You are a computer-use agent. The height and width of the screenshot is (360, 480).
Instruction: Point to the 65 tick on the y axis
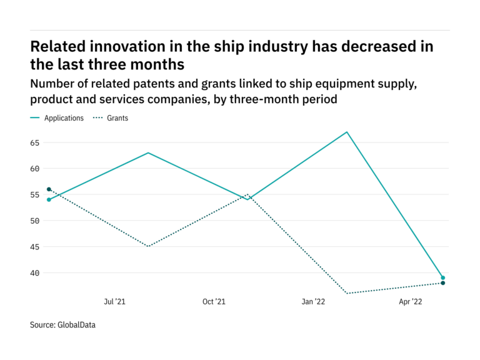34,142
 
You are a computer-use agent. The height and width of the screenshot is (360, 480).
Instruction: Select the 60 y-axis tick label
34,169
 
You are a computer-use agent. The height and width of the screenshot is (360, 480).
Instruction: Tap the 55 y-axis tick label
34,195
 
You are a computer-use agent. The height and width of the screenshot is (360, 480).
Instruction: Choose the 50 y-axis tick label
34,221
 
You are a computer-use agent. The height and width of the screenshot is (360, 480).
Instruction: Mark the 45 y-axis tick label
34,247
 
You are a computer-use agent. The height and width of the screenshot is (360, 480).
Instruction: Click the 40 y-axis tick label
34,273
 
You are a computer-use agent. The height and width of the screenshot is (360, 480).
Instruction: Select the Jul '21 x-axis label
114,302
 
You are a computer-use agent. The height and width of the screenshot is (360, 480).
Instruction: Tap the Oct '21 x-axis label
214,302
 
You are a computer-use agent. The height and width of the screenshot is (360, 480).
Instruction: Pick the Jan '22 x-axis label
313,302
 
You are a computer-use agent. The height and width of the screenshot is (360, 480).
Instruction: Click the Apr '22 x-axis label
411,302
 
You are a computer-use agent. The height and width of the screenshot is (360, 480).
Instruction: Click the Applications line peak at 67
346,132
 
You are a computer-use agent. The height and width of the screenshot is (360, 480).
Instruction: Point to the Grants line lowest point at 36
346,293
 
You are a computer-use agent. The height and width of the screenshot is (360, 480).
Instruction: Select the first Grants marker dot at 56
49,189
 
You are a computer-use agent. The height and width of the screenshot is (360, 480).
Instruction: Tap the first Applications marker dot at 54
49,199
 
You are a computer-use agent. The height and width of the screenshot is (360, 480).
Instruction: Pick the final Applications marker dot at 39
443,278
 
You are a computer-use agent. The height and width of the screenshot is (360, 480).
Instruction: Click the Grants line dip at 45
148,246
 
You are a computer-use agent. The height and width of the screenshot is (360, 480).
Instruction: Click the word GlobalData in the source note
76,325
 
